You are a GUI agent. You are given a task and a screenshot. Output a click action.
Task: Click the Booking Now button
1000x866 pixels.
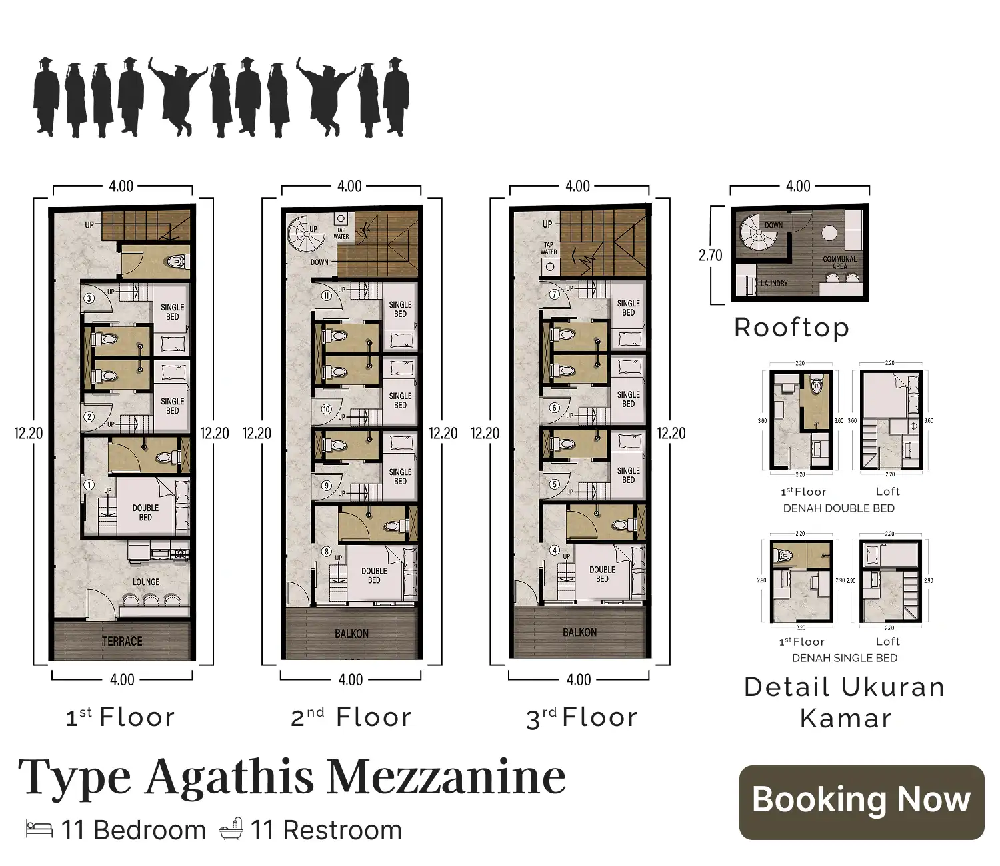pos(861,802)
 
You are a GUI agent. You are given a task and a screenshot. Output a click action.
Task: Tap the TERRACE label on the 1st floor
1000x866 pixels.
pos(122,641)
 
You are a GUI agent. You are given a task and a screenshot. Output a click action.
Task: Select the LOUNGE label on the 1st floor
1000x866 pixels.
pos(146,582)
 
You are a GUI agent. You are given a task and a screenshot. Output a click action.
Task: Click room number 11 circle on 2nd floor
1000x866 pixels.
pos(327,296)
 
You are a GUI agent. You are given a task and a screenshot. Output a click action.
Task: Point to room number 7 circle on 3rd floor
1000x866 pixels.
pos(555,294)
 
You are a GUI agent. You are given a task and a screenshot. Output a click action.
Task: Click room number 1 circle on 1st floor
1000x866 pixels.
pos(89,485)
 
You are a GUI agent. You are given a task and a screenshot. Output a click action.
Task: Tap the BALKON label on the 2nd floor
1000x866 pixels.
pos(351,633)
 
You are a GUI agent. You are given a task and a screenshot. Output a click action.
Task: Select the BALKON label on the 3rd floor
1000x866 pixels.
pos(579,632)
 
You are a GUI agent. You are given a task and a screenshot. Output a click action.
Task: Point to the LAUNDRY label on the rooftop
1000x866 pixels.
pos(774,283)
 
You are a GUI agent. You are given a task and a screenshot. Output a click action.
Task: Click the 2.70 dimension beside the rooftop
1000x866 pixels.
pos(710,255)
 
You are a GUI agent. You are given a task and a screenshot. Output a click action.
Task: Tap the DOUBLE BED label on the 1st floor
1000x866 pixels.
pos(145,512)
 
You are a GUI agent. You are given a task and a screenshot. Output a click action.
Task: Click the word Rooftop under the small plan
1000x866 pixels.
pos(791,328)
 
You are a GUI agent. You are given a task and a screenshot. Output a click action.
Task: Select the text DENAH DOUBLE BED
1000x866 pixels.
pos(839,508)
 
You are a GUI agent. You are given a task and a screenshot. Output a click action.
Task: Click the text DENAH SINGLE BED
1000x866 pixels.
pos(844,658)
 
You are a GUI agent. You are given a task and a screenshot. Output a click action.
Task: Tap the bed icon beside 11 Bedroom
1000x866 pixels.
pos(39,829)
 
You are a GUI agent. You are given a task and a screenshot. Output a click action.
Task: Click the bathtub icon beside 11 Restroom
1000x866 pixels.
pos(231,829)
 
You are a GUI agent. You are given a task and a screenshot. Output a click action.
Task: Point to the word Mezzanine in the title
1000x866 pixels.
pos(447,777)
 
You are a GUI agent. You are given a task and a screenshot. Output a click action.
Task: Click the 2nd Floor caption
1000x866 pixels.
pos(351,717)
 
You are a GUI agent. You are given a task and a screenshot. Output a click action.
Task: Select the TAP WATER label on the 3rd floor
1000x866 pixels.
pos(549,248)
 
